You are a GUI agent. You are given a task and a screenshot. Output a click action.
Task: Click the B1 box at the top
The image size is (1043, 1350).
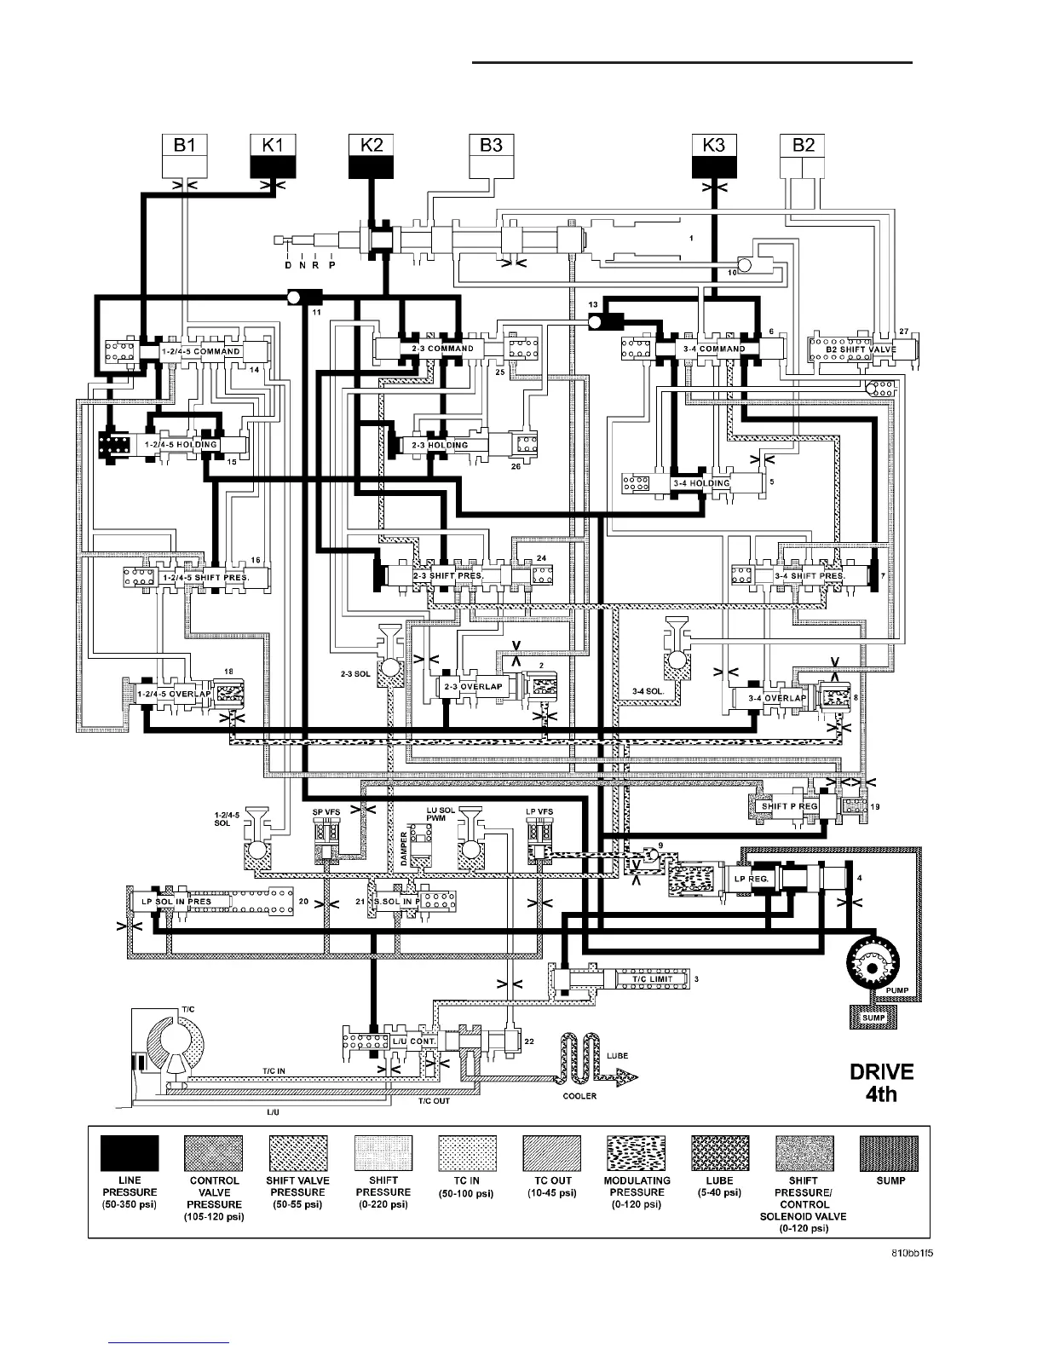[185, 156]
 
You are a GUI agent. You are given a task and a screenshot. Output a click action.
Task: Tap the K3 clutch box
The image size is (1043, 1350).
[714, 156]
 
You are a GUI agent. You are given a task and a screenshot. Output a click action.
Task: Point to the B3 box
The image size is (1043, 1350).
[491, 156]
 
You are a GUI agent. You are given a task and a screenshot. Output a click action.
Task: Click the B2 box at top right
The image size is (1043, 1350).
[804, 156]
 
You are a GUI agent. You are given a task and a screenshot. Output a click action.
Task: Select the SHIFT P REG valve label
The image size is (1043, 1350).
[789, 805]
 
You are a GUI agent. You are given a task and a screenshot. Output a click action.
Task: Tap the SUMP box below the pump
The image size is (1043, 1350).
[873, 1017]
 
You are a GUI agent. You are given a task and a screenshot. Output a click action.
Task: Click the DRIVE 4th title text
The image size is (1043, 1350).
[881, 1082]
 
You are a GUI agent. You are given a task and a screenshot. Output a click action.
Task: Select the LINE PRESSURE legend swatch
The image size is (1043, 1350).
[130, 1153]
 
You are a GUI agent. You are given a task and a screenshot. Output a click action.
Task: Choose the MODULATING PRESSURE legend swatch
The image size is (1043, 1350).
[637, 1153]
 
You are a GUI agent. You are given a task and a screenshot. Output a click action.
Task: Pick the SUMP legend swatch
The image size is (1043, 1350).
[889, 1153]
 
